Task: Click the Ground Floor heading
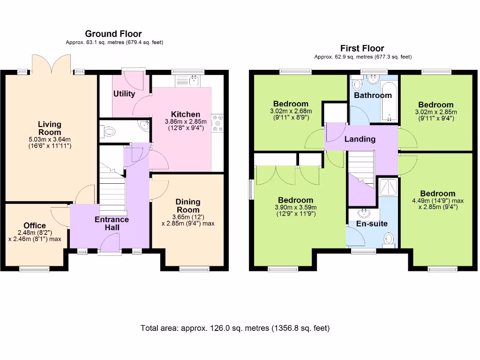click(x=113, y=34)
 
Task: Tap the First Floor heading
click(x=362, y=48)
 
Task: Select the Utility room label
click(x=124, y=94)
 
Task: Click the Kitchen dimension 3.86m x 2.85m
click(x=186, y=121)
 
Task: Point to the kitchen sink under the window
click(x=187, y=81)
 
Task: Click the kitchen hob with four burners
click(x=217, y=124)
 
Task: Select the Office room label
click(x=35, y=225)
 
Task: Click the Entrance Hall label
click(x=112, y=224)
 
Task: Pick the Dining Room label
click(x=188, y=206)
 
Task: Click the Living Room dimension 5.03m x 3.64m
click(x=50, y=140)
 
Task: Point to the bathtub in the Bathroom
click(x=389, y=102)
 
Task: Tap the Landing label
click(x=360, y=139)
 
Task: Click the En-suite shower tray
click(x=388, y=187)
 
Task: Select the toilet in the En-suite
click(x=389, y=240)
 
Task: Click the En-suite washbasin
click(x=364, y=214)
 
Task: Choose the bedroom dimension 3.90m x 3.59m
click(x=296, y=207)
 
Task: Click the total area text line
click(x=235, y=328)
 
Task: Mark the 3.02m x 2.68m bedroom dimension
click(x=291, y=111)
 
